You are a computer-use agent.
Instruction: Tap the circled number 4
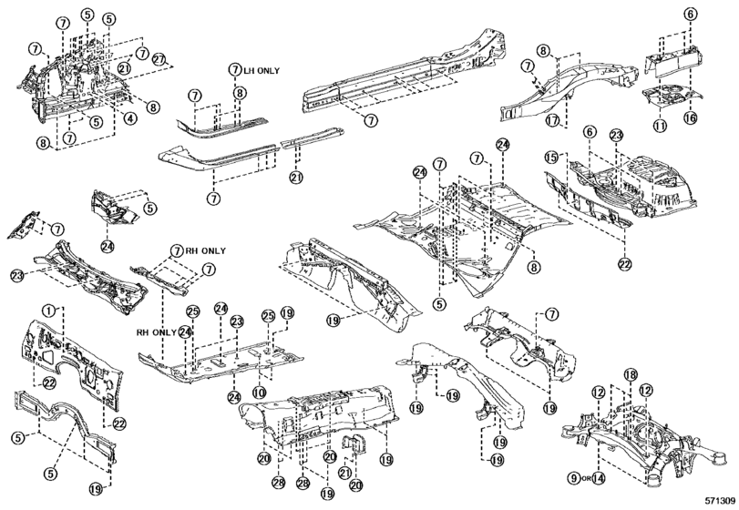pos(131,117)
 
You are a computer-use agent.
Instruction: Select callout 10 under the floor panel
pos(260,393)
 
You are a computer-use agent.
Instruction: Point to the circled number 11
pos(659,124)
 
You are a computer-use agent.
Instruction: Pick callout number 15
pos(551,157)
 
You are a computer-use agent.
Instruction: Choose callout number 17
pos(552,119)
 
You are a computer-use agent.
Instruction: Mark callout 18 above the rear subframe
pos(629,375)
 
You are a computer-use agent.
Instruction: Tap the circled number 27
pos(160,59)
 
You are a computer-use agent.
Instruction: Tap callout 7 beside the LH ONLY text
pos(234,68)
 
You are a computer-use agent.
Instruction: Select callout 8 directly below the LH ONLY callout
pos(239,92)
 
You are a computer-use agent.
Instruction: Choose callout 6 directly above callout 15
pos(590,132)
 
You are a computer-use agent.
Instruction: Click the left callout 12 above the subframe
pos(598,392)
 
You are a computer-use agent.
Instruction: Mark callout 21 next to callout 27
pos(125,67)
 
